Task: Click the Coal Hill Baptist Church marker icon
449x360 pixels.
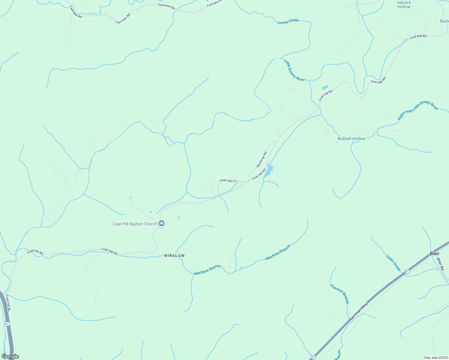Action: coord(161,223)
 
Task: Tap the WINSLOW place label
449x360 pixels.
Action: coord(174,256)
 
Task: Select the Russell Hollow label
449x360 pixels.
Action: coord(351,139)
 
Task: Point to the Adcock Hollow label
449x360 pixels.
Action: coord(404,4)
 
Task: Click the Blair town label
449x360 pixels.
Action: coord(435,253)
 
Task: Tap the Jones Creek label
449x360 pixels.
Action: coord(288,22)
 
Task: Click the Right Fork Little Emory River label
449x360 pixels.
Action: coord(417,110)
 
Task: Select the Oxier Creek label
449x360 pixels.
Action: coord(393,263)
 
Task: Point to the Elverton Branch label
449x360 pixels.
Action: coord(339,294)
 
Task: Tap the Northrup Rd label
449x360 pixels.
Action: coord(261,160)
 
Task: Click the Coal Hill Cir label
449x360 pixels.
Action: coord(228,181)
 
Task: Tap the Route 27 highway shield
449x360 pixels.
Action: coord(8,324)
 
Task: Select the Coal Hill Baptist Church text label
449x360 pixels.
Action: coord(135,224)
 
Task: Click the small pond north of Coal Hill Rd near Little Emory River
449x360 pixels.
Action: coord(325,88)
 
